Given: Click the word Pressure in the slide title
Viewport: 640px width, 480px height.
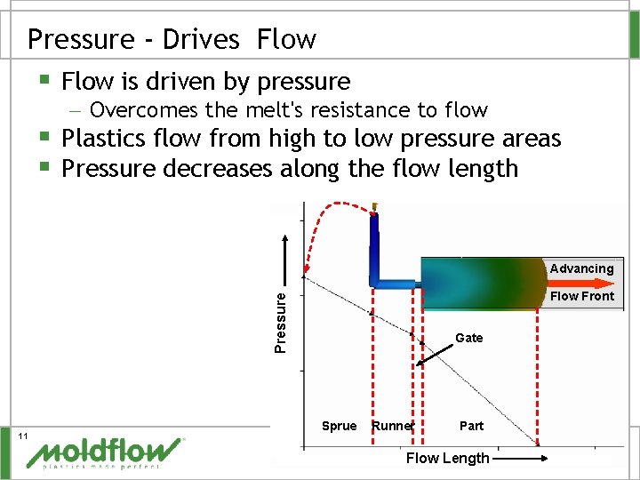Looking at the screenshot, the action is coord(76,40).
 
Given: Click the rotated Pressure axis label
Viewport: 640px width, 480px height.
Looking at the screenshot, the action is coord(280,320).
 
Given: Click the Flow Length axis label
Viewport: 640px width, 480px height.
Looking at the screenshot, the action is coord(447,458).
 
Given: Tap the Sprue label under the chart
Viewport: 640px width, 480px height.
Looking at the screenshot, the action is coord(339,426).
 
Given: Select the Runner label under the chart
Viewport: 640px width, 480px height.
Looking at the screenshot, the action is coord(393,426).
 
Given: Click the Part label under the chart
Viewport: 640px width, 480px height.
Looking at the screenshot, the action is coord(471,426).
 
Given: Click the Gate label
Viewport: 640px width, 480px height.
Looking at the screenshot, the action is coord(468,338).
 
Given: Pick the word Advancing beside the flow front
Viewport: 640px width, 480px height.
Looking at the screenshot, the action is coord(581,268).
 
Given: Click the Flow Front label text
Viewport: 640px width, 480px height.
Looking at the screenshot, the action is coord(582,296).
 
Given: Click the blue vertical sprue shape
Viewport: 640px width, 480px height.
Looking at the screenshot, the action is coord(375,244).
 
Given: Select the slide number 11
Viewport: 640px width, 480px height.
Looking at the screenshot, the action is coord(24,435).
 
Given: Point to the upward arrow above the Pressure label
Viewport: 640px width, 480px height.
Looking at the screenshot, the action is coord(286,258).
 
